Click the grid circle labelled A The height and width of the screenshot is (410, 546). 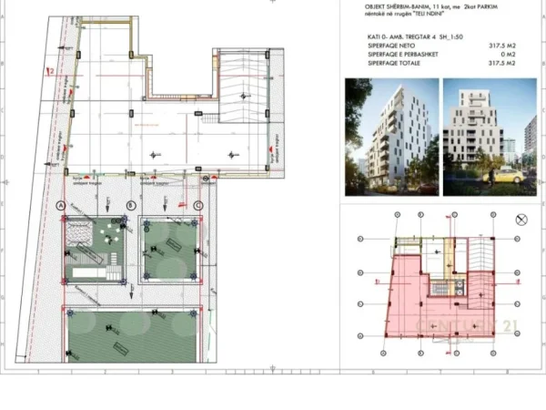[61, 205]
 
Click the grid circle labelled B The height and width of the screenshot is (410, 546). [131, 205]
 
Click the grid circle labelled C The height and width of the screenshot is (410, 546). [198, 205]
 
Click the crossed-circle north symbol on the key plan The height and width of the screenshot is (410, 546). [521, 220]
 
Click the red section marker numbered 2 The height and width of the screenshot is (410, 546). [53, 70]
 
